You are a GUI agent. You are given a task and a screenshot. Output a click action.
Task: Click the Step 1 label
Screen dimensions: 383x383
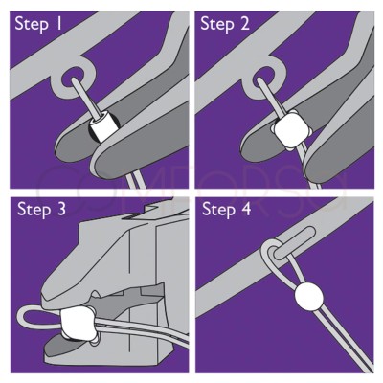[x=38, y=24]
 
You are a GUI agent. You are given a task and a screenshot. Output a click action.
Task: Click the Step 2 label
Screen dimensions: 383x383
[x=225, y=24]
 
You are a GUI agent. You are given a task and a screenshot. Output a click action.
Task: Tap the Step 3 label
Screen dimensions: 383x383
[x=41, y=210]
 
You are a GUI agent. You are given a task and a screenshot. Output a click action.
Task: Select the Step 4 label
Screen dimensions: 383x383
[x=227, y=210]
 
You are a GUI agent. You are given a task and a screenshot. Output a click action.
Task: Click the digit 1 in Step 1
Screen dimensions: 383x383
[x=58, y=24]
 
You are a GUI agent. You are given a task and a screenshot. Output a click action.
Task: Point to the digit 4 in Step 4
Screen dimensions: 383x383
[x=245, y=210]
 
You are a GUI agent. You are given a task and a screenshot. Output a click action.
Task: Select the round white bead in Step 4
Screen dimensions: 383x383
[x=308, y=297]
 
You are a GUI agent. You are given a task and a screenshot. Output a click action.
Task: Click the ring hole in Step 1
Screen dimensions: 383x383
[x=74, y=78]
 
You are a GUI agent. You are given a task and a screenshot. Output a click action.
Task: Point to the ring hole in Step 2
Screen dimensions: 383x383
[x=263, y=77]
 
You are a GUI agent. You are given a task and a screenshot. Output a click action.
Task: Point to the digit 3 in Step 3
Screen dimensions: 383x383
[x=60, y=210]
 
